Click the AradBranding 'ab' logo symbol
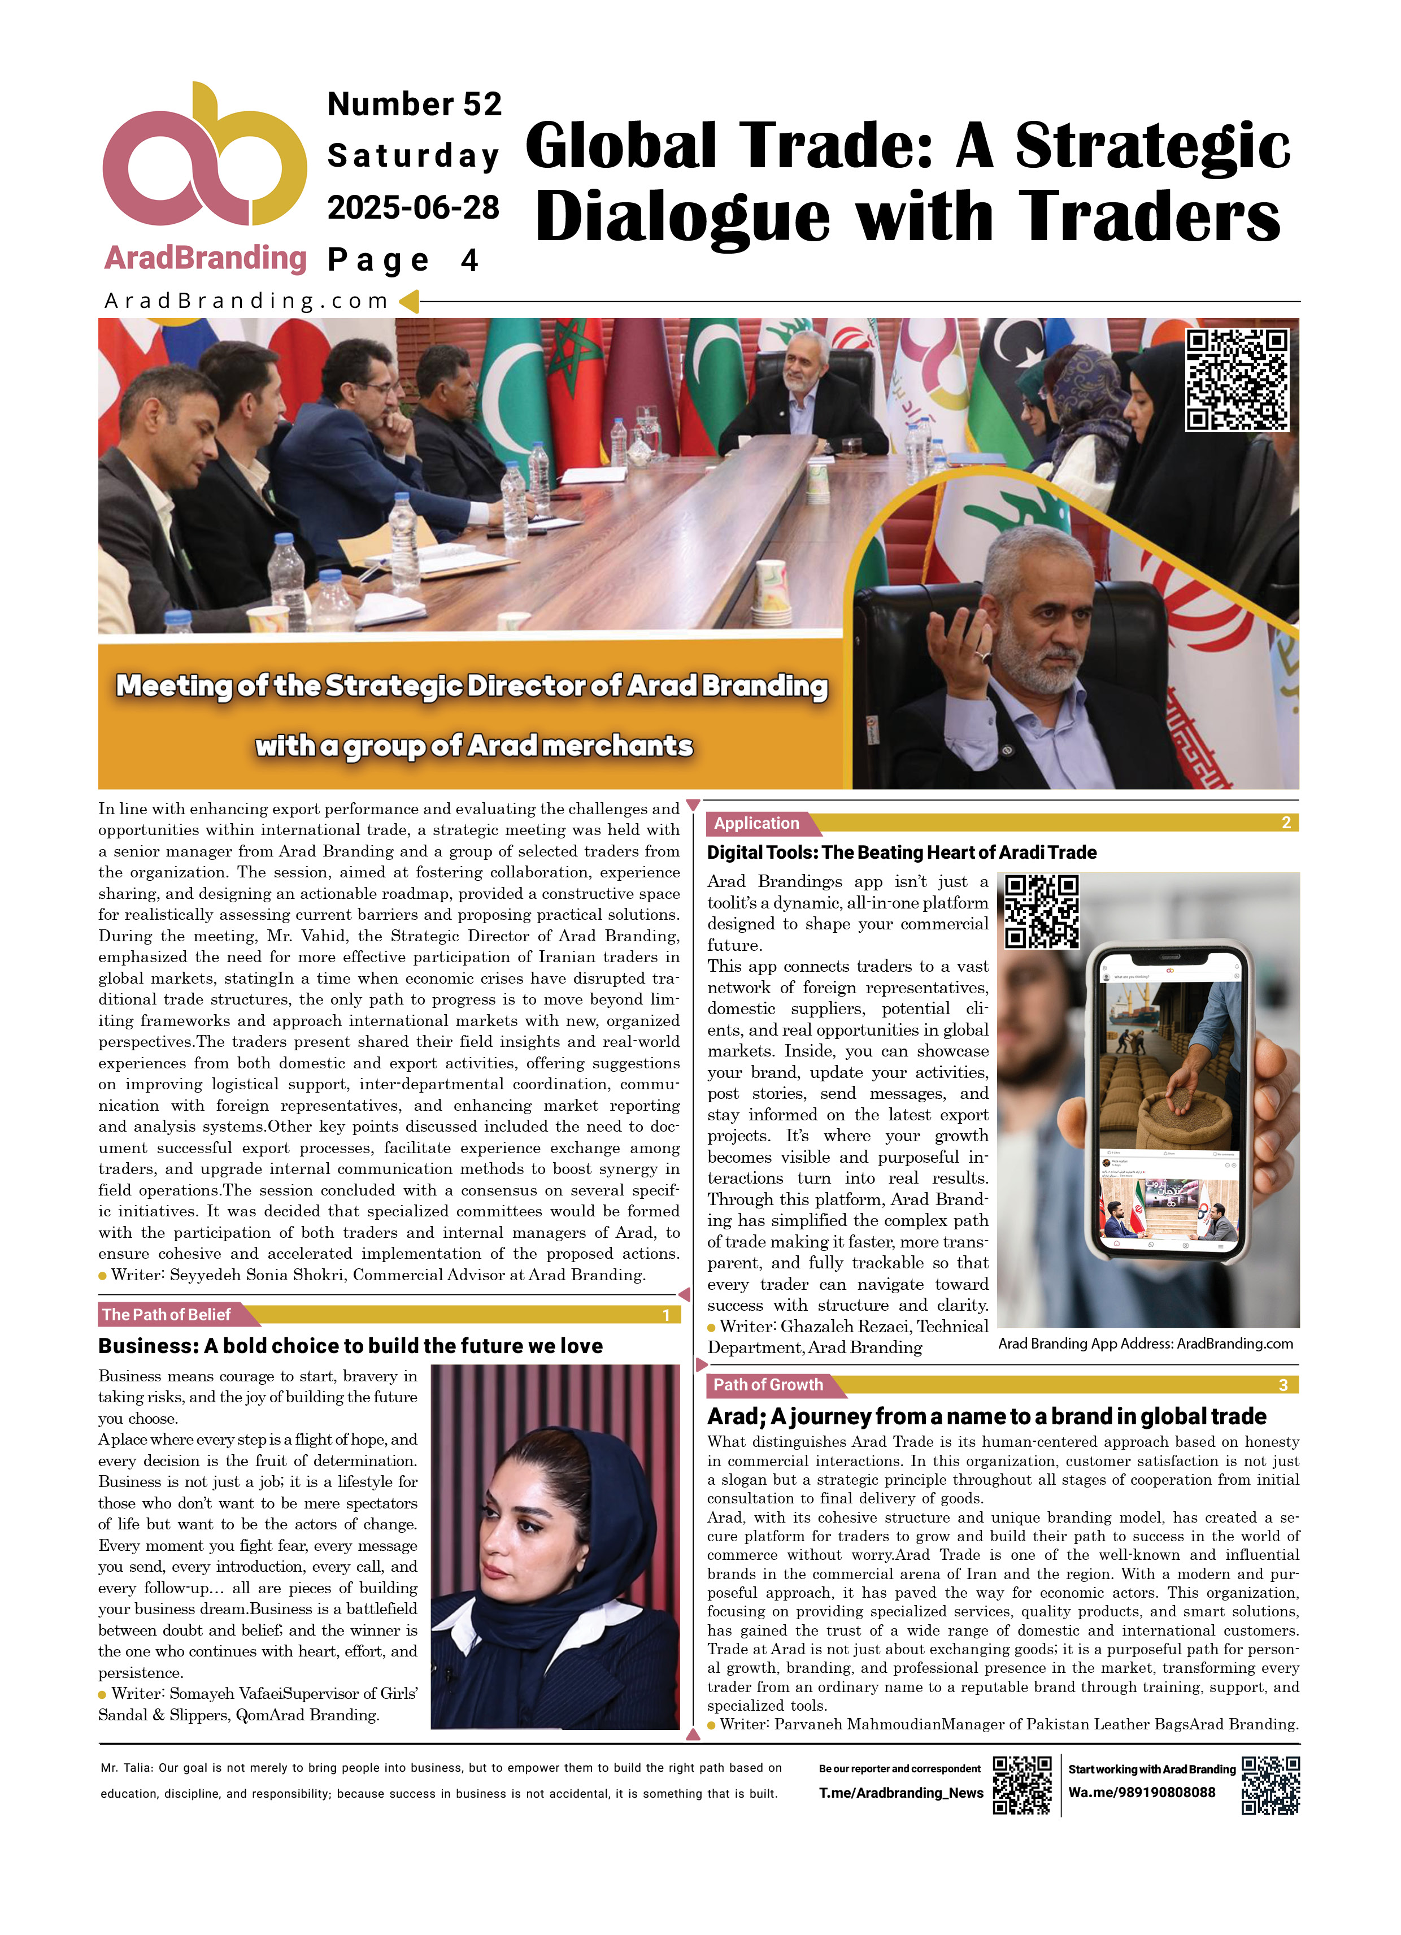204,158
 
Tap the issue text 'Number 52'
415,104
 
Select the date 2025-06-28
413,207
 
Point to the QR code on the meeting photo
1237,380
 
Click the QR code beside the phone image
1041,911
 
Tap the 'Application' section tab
757,823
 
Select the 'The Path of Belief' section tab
167,1315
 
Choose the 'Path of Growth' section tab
768,1385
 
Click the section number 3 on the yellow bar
1282,1385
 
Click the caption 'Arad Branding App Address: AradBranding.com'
1145,1343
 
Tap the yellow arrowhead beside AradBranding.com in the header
410,301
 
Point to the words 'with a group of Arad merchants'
473,746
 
